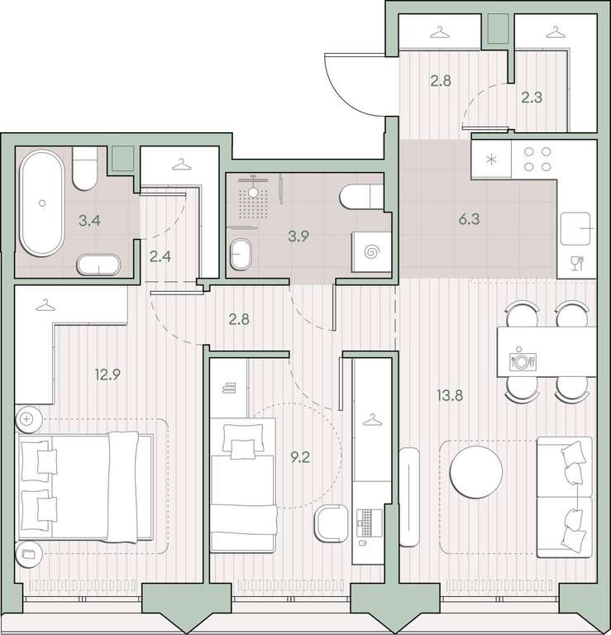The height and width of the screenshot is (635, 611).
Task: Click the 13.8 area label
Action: (450, 395)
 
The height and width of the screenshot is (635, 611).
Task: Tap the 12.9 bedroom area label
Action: (107, 375)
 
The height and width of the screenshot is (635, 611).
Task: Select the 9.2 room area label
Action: (300, 457)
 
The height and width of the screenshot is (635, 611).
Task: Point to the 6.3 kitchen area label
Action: (469, 219)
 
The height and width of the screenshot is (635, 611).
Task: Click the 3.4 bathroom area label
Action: (89, 221)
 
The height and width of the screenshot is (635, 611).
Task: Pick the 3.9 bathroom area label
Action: (298, 236)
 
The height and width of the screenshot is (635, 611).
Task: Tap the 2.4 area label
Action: (160, 256)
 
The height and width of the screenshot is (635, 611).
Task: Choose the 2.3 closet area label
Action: (532, 98)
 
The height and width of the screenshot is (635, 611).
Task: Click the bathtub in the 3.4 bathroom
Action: (41, 203)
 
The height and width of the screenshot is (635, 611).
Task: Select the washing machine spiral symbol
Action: (370, 252)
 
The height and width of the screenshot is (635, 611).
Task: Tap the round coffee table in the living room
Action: (476, 472)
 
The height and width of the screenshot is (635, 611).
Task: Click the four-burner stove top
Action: (537, 159)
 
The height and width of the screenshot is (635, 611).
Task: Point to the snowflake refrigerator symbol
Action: (492, 160)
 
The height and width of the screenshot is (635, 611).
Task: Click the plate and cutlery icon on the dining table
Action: (523, 359)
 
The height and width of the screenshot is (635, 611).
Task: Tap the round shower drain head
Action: (253, 193)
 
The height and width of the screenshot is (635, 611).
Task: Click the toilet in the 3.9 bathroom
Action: (361, 198)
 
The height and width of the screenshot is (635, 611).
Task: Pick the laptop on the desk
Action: (370, 523)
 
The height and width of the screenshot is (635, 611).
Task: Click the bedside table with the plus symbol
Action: (29, 419)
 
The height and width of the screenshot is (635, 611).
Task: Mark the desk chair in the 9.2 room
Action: (332, 523)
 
